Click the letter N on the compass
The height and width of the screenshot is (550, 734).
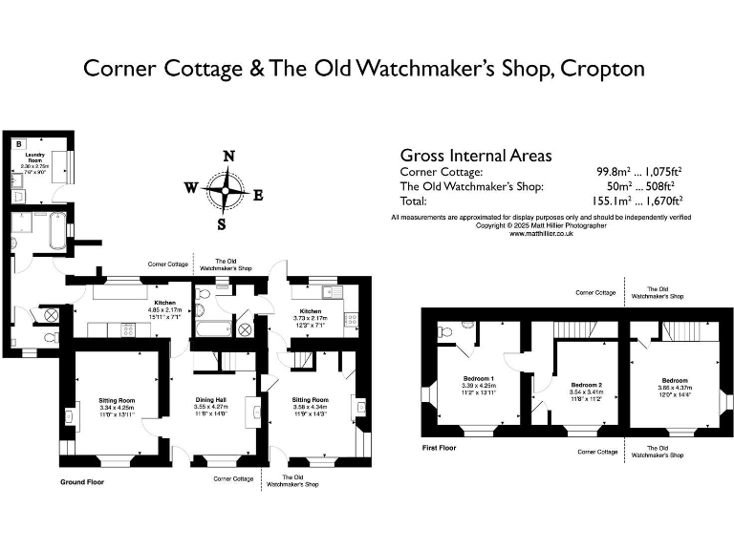pos(227,157)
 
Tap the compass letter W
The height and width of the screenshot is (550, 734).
pos(190,188)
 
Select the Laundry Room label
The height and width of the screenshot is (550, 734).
pos(36,157)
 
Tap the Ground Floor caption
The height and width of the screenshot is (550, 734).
pos(82,482)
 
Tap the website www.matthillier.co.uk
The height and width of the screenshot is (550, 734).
pos(541,233)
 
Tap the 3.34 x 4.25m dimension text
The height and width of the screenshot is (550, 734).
pos(118,408)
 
